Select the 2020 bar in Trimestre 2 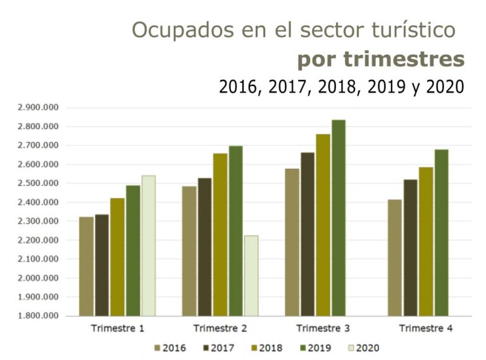point(251,276)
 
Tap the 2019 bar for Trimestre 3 point(339,218)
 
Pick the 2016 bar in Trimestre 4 point(395,258)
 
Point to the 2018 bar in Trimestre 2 point(220,234)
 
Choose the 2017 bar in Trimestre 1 point(102,264)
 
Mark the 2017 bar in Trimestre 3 point(308,234)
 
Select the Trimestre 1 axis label point(118,328)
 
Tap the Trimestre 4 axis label point(426,328)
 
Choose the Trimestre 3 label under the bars point(323,328)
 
